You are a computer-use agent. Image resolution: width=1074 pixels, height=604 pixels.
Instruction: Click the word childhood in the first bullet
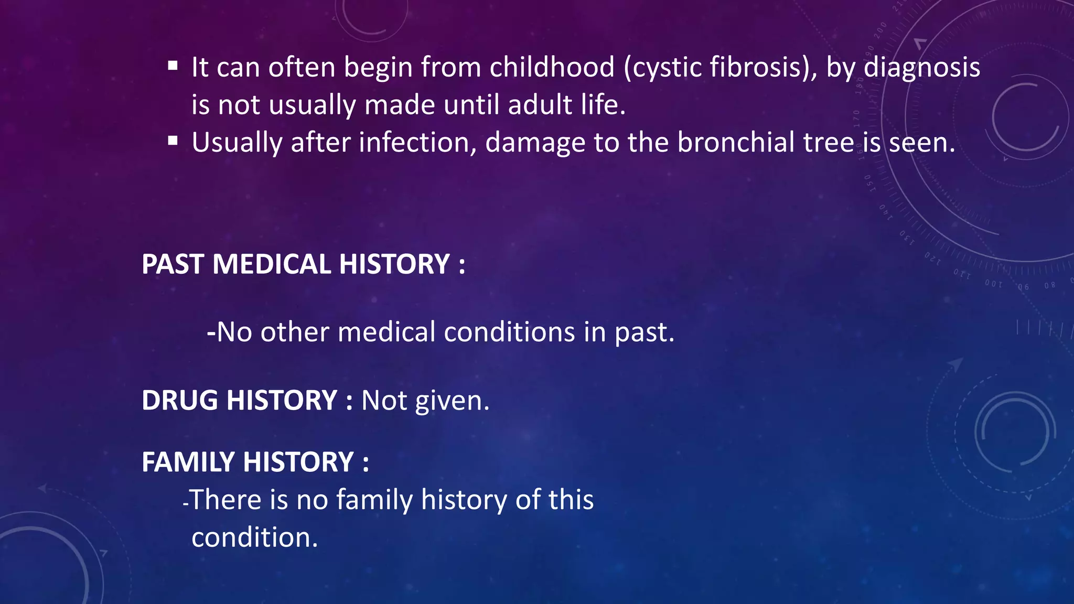tap(552, 67)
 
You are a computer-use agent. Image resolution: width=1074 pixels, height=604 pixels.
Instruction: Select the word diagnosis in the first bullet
tap(921, 67)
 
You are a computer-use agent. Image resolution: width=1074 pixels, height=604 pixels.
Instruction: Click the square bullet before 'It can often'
tap(173, 66)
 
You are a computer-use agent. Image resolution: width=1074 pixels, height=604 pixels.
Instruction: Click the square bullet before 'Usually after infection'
tap(173, 141)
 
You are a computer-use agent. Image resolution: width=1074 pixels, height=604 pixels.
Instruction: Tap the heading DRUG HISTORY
tap(239, 401)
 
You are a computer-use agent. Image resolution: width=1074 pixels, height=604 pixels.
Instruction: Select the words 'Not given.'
tap(425, 401)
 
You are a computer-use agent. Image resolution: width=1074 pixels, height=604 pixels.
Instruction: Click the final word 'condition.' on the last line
tap(255, 538)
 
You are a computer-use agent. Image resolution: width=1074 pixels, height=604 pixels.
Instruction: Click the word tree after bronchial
tap(832, 142)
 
